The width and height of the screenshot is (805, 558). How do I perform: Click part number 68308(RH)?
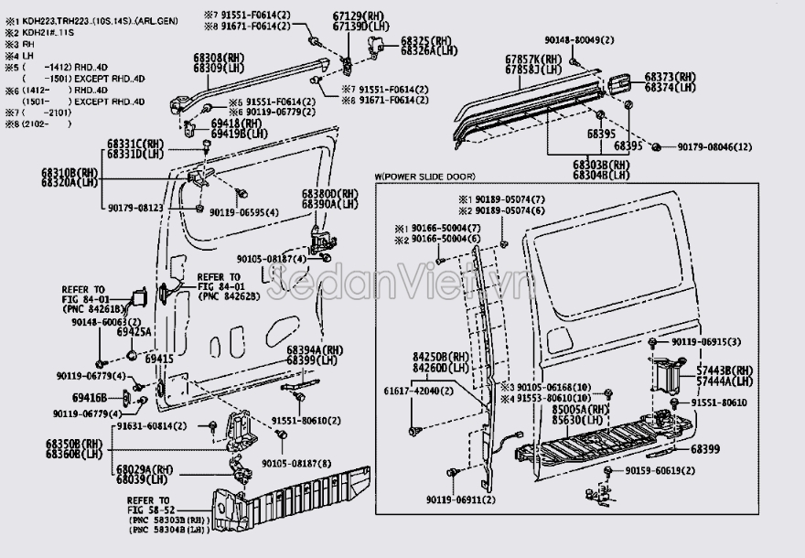[x=217, y=58]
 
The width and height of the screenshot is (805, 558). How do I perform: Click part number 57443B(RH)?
[x=724, y=370]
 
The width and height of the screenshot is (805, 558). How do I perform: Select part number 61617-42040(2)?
[x=413, y=391]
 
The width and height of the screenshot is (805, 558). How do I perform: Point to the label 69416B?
[x=91, y=397]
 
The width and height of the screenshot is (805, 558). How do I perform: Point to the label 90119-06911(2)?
[x=460, y=500]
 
